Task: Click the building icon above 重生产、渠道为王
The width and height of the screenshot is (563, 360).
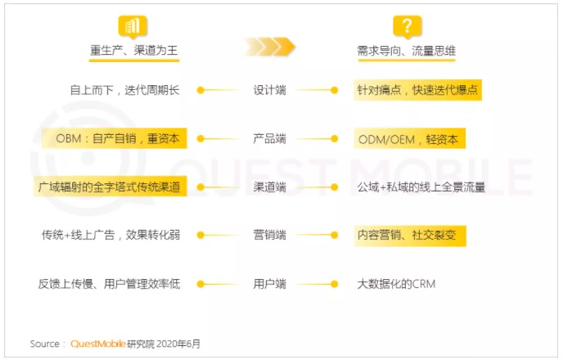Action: pos(133,27)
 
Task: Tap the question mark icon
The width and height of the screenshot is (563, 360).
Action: pos(407,27)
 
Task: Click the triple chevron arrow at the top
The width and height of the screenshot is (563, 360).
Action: pos(270,47)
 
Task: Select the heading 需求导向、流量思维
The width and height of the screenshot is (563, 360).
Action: pos(407,51)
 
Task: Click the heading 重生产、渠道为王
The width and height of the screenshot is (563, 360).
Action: pos(134,50)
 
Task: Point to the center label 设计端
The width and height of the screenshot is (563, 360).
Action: pos(270,90)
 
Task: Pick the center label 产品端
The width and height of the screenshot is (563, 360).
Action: pos(270,138)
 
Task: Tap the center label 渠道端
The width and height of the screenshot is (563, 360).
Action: pos(270,187)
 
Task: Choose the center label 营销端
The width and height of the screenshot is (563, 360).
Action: pos(270,235)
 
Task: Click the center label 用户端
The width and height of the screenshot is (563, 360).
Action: pos(270,284)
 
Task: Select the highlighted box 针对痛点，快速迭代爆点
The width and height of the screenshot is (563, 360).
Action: pos(417,90)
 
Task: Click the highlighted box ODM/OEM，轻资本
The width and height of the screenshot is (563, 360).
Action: pos(410,138)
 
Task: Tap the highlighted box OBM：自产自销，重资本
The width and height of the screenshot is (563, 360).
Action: pos(115,138)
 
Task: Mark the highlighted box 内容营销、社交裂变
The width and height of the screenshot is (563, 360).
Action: pos(410,236)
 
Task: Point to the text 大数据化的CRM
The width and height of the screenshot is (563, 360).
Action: pos(396,284)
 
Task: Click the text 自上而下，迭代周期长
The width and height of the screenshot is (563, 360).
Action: pos(124,90)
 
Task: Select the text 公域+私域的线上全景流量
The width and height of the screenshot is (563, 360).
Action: pos(421,187)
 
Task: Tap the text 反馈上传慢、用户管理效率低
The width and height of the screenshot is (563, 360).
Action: pos(109,284)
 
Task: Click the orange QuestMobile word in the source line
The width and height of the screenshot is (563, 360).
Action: pos(98,344)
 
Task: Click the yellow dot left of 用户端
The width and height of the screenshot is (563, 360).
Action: pos(200,284)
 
